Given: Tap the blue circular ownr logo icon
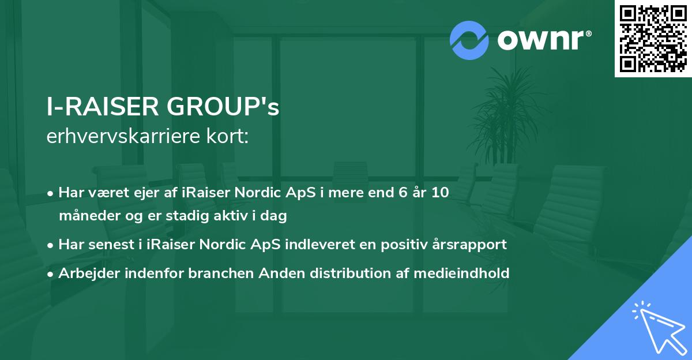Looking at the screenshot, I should click(x=469, y=40).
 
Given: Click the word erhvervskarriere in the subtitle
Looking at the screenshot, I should click(x=119, y=137).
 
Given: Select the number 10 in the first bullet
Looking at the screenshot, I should click(x=441, y=193).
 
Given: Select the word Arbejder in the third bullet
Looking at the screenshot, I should click(x=85, y=273).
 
